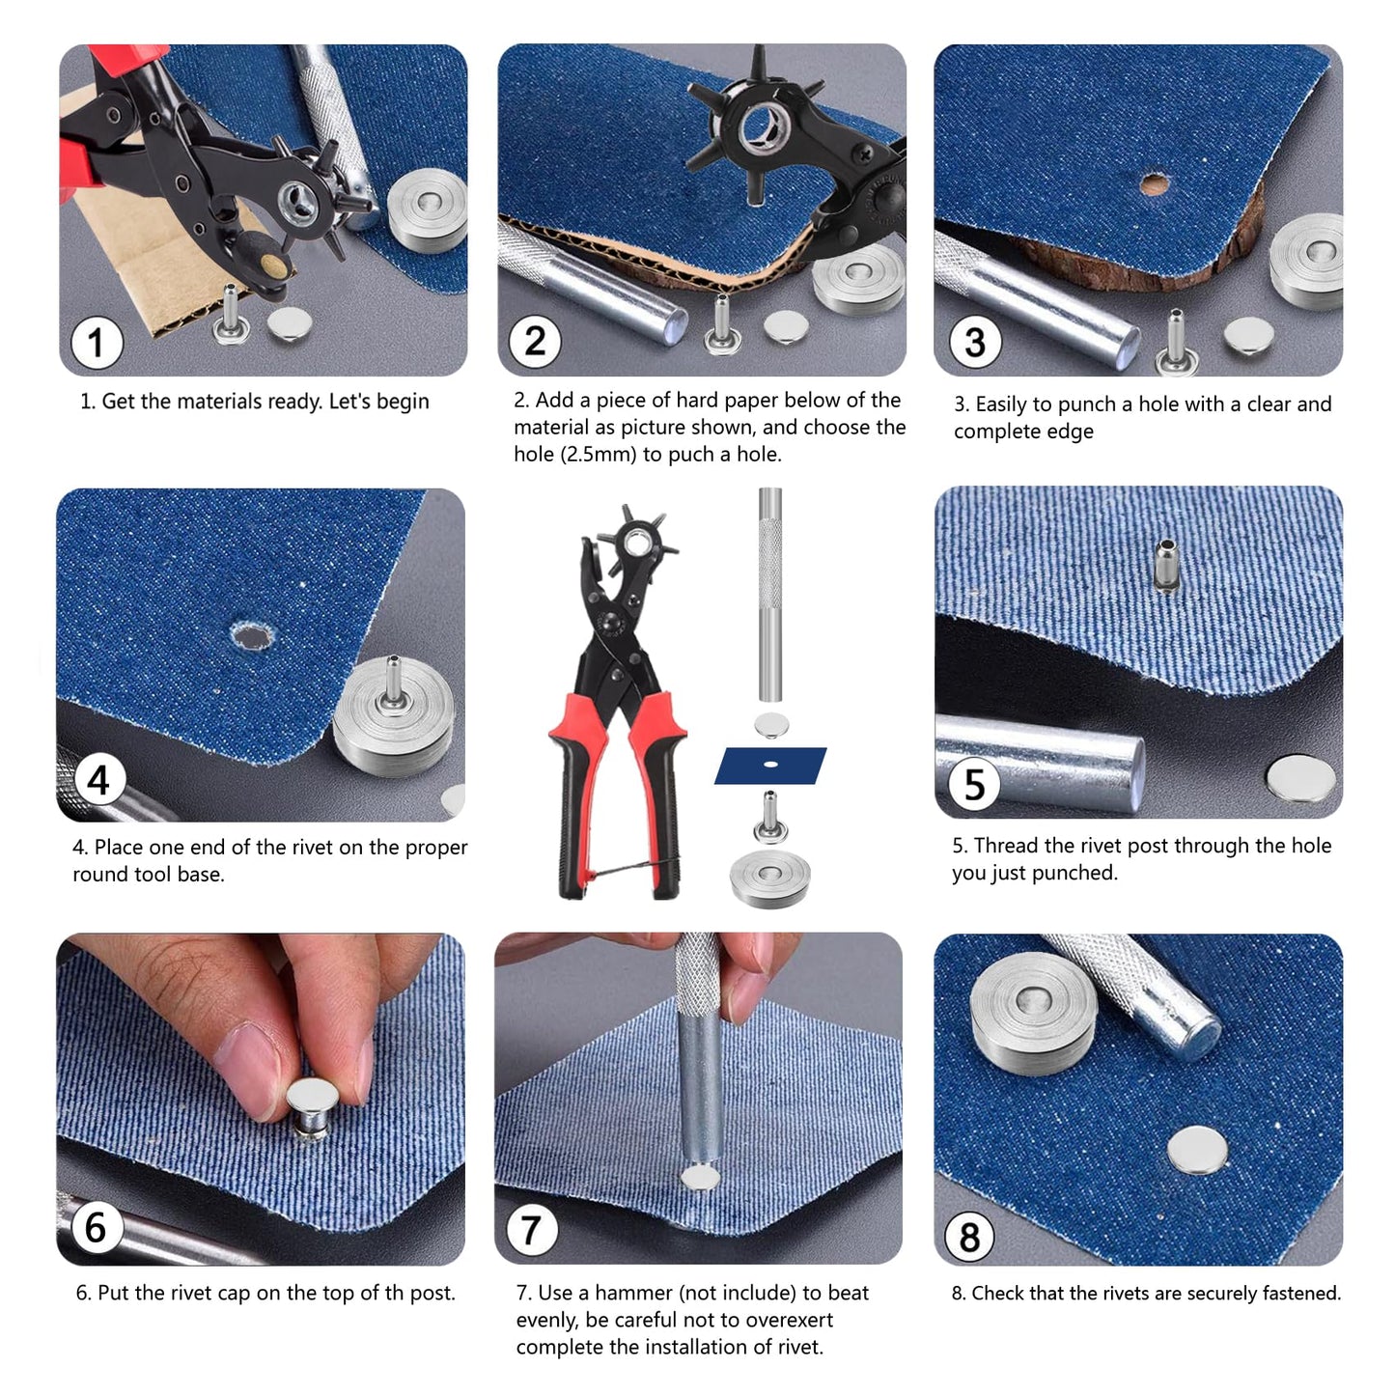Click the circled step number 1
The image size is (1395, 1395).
[x=97, y=343]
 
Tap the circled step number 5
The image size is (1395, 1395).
[x=974, y=785]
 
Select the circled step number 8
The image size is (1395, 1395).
[x=969, y=1237]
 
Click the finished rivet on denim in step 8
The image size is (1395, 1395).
[x=1198, y=1150]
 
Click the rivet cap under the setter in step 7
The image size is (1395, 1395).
[x=700, y=1177]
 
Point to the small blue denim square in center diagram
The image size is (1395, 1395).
[x=770, y=765]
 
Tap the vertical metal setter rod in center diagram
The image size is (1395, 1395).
[x=769, y=594]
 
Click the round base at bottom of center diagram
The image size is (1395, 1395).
[x=769, y=877]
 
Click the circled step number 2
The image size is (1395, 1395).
[x=535, y=341]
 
